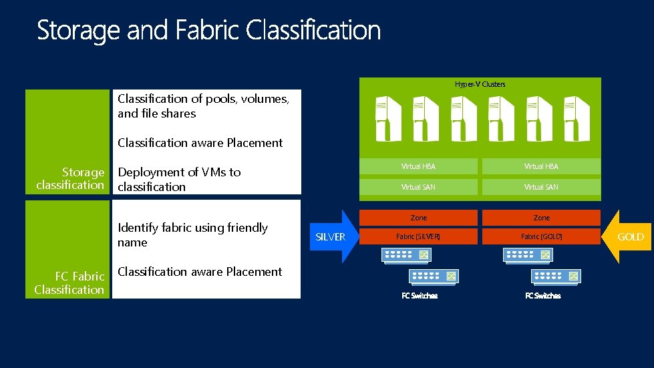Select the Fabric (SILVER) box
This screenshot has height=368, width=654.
pyautogui.click(x=418, y=236)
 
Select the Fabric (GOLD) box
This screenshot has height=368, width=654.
pyautogui.click(x=541, y=236)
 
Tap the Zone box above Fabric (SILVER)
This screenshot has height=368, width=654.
pyautogui.click(x=418, y=218)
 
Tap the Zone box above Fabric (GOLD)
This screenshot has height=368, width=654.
pyautogui.click(x=541, y=218)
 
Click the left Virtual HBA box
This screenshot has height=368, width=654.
pyautogui.click(x=418, y=166)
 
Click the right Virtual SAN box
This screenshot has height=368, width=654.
pyautogui.click(x=541, y=187)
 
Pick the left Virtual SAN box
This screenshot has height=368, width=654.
pyautogui.click(x=418, y=187)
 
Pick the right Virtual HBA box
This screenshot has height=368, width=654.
pyautogui.click(x=541, y=166)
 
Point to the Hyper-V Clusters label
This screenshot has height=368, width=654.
pyautogui.click(x=480, y=84)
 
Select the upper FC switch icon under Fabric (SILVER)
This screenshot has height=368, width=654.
pyautogui.click(x=406, y=254)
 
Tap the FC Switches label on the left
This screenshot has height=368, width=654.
pyautogui.click(x=420, y=296)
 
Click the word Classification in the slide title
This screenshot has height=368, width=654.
pyautogui.click(x=313, y=31)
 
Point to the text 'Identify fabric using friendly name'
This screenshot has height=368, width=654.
pyautogui.click(x=192, y=235)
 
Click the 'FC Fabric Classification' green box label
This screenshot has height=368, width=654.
pyautogui.click(x=69, y=283)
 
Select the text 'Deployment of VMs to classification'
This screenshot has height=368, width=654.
pyautogui.click(x=179, y=179)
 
